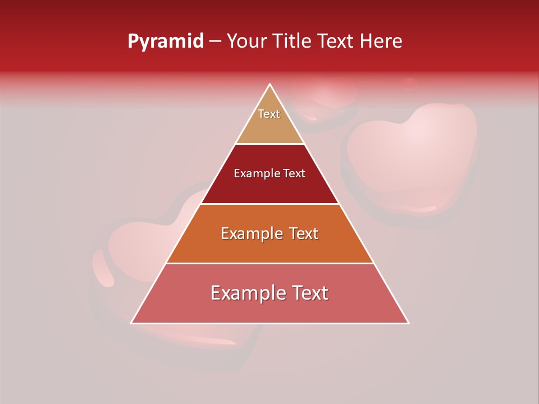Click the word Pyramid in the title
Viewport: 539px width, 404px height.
165,42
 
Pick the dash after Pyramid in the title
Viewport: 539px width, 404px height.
215,42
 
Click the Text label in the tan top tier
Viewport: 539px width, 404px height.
269,114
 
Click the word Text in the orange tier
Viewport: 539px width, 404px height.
299,233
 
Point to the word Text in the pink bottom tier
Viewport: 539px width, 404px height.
307,293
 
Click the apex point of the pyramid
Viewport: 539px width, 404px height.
269,84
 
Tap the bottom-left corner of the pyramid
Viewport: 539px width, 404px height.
131,323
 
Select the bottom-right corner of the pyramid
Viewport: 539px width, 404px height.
408,323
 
